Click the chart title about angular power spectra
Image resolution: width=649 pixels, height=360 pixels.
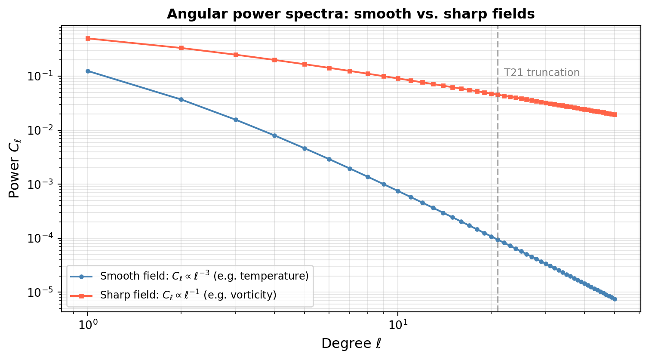tap(351, 14)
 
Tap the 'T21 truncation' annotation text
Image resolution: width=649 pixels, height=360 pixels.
tap(541, 73)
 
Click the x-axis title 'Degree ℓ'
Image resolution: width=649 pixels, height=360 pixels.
tap(351, 344)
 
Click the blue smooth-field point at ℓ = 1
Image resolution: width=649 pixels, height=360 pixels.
tap(88, 71)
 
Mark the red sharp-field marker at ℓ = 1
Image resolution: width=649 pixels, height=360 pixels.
tap(88, 38)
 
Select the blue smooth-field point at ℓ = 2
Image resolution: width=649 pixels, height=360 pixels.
tap(181, 99)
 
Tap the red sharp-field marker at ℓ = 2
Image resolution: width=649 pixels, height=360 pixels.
tap(181, 48)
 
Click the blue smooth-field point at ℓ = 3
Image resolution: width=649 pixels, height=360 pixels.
tap(236, 120)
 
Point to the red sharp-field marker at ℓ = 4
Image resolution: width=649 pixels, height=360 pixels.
tap(274, 60)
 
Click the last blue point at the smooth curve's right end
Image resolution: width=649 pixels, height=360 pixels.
tap(615, 299)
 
